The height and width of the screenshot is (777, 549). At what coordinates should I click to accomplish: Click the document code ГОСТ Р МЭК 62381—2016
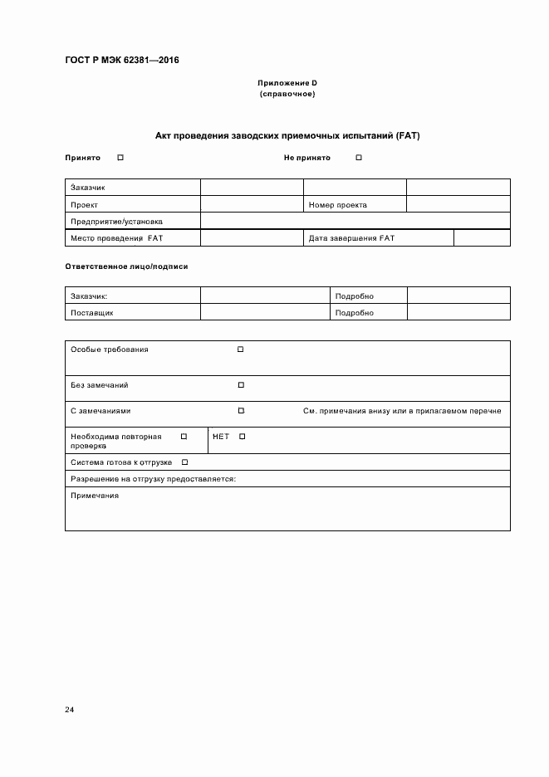[x=122, y=60]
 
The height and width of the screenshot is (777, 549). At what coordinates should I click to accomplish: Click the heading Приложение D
[x=287, y=84]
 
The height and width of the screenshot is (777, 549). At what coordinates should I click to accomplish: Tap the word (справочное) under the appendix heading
[x=287, y=94]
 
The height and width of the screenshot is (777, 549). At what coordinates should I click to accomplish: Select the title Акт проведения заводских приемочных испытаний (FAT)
[x=287, y=134]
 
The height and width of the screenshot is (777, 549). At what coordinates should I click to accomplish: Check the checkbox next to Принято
[x=120, y=158]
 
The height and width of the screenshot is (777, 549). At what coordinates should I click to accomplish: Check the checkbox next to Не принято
[x=359, y=158]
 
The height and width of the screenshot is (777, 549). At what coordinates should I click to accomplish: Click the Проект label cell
[x=85, y=204]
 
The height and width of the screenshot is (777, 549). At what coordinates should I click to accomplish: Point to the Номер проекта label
[x=337, y=204]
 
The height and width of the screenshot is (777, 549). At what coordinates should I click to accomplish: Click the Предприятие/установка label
[x=116, y=222]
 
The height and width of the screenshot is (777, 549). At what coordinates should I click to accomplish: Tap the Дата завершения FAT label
[x=351, y=238]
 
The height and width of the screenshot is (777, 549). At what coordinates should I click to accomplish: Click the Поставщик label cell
[x=92, y=313]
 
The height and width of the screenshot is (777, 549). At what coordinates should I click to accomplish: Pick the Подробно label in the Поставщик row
[x=354, y=313]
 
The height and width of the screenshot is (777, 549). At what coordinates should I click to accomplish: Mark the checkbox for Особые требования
[x=241, y=349]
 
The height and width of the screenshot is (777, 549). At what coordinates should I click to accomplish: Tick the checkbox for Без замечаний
[x=241, y=385]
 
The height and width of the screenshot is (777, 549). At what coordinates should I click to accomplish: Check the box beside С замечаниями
[x=241, y=410]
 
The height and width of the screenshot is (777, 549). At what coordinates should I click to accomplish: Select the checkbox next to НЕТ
[x=243, y=437]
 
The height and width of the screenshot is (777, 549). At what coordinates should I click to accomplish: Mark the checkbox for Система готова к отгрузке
[x=184, y=462]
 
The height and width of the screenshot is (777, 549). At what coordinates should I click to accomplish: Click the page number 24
[x=70, y=710]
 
